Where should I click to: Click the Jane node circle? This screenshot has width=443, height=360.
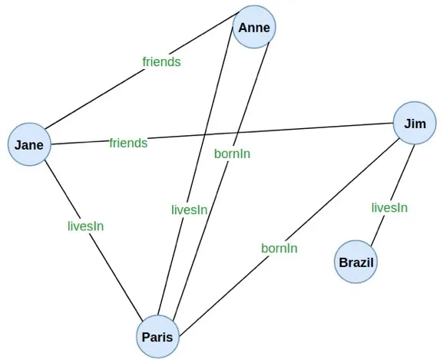coord(29,144)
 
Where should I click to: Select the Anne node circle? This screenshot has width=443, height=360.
coord(254,27)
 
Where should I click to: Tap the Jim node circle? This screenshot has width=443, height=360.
coord(415,123)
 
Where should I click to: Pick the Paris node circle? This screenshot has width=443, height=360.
coord(157,336)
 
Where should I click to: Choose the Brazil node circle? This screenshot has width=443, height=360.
coord(355,262)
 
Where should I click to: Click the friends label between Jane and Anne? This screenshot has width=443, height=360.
coord(161,61)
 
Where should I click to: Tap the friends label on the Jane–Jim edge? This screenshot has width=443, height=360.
coord(128,143)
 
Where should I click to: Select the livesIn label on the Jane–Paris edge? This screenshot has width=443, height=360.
coord(85,226)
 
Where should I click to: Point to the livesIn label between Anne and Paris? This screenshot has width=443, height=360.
coord(190,210)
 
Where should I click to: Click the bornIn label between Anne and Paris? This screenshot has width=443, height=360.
coord(232,154)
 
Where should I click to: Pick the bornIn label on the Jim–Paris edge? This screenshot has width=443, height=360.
coord(279,249)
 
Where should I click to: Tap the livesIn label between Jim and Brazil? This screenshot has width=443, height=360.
coord(389,208)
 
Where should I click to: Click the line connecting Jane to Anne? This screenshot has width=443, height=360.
coord(142,71)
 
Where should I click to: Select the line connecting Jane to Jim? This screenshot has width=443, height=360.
coord(222,134)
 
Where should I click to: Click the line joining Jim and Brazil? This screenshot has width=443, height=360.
coord(392,195)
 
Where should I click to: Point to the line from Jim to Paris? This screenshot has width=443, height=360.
coord(289,236)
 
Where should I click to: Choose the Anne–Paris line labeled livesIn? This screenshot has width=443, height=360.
coord(195,172)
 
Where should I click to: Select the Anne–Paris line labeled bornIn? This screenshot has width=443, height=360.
coord(220,182)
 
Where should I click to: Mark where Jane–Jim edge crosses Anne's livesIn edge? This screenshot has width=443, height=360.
coord(204,135)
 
